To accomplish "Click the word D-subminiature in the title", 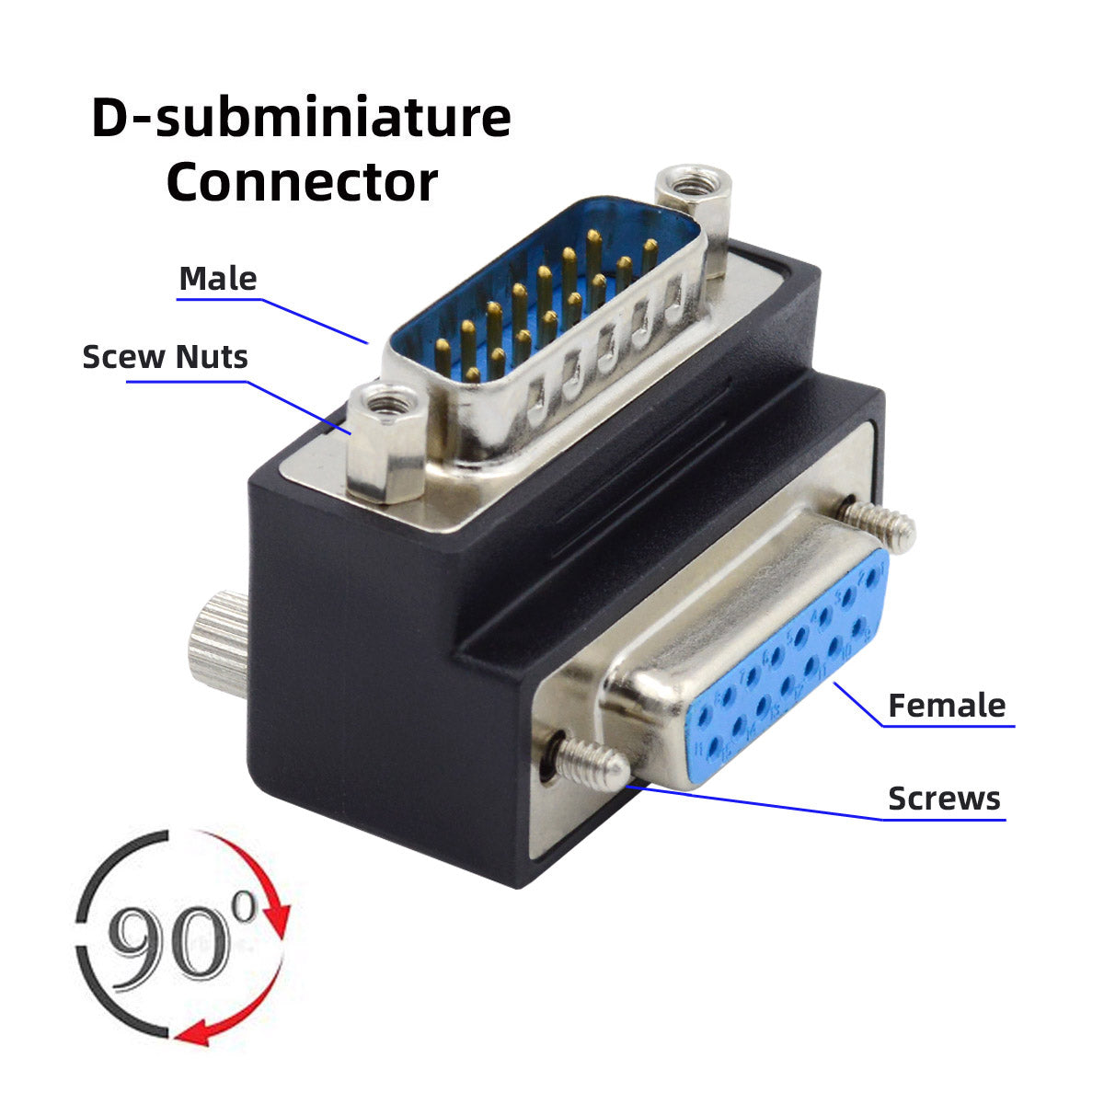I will point(301,120).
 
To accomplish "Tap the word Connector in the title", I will point(301,182).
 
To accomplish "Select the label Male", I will point(218,278).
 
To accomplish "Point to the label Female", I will point(947,706).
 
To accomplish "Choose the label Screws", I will point(944,798).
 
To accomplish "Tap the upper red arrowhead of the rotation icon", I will point(276,916).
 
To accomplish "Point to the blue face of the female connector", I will point(782,672).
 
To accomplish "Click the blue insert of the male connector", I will point(543,294).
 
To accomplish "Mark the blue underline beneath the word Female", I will point(948,727).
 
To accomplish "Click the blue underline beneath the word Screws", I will point(944,819).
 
